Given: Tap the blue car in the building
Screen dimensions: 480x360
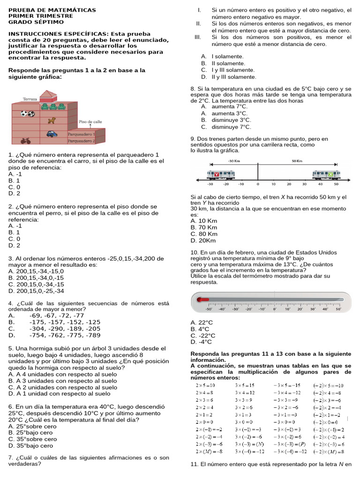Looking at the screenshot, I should coord(52,134).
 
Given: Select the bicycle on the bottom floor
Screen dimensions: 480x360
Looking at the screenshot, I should coord(26,140).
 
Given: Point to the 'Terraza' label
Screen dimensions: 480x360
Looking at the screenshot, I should coord(30,99).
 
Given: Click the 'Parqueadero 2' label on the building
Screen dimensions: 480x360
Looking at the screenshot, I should coord(81,140).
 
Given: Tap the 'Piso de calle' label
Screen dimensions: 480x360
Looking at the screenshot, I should coord(90,121).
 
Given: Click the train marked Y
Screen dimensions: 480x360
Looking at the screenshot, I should coord(221,174).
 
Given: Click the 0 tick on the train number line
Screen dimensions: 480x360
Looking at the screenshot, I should coord(258,184).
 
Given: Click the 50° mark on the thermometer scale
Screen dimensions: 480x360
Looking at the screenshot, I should coord(338,309).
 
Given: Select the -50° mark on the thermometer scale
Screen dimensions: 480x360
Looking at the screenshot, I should coord(209,309).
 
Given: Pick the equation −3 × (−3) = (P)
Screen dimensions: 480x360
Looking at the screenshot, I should coord(289,444).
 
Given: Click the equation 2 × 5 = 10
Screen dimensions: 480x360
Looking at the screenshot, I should coord(205,385).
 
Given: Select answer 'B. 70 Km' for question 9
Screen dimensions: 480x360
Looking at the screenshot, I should coord(204,227).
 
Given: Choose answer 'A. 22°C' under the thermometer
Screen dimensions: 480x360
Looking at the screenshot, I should coord(202,322).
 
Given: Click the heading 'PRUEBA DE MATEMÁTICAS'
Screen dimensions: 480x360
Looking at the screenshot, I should coord(52,10).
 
